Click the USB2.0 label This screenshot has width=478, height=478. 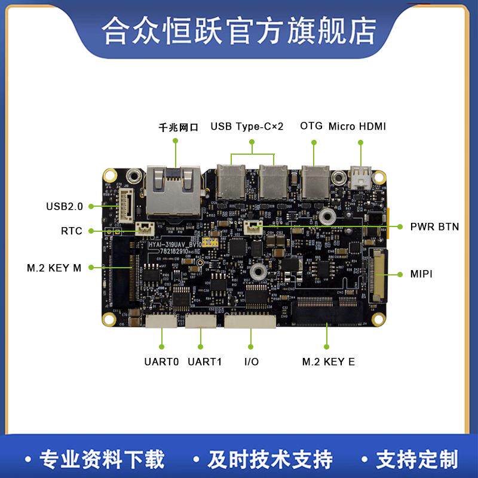pos(65,206)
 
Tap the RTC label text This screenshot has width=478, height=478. pos(71,231)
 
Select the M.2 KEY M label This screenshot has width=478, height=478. pos(54,268)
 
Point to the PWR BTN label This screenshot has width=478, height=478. pos(434,226)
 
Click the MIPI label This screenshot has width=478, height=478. pos(422,274)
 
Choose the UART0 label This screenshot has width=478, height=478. pos(161,361)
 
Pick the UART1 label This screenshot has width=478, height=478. pos(204,361)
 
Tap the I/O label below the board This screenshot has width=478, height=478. pos(252,361)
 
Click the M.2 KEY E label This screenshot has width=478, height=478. pos(328,361)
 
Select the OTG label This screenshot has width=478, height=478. pos(311,126)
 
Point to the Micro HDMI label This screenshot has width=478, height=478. pos(357,126)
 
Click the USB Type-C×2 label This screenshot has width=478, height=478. pos(247,126)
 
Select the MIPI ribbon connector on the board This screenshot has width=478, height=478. pos(378,275)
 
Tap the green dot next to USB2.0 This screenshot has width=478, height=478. pos(91,206)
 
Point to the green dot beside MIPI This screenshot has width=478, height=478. pos(400,274)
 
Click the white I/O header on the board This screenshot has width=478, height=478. pos(250,321)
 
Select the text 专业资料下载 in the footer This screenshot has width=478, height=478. pos(101,459)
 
